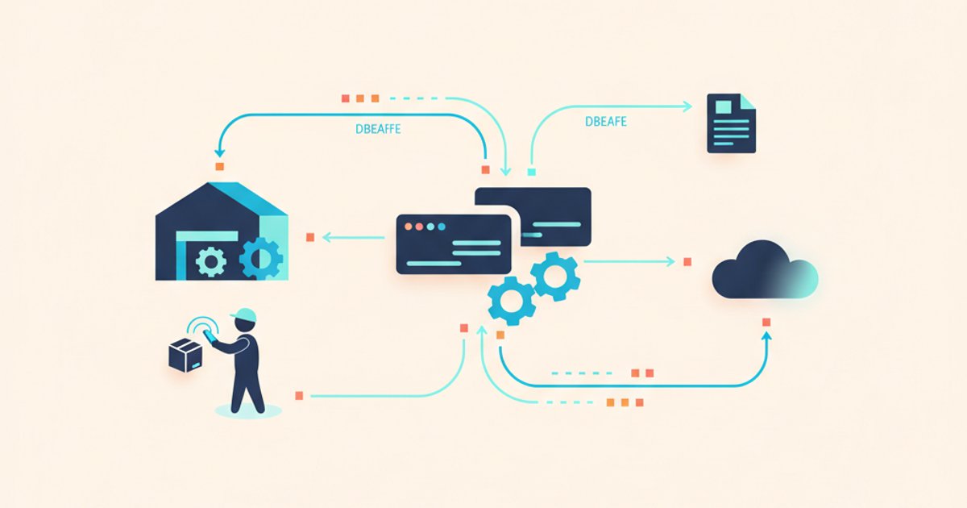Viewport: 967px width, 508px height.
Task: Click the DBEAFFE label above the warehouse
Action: (x=378, y=129)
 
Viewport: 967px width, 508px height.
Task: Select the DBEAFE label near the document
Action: (x=606, y=122)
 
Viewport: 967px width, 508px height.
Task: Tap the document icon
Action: (x=732, y=123)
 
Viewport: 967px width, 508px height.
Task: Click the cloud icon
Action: (x=765, y=270)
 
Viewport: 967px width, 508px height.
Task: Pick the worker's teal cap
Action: (x=244, y=315)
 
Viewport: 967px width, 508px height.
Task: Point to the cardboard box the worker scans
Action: (x=185, y=355)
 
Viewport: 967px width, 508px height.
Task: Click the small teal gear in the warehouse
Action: (x=210, y=261)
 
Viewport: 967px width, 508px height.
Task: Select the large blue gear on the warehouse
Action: (x=261, y=258)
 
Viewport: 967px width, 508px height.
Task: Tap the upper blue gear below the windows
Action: (x=555, y=277)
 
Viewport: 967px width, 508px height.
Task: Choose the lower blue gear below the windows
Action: (x=512, y=301)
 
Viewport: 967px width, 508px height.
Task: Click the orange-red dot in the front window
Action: (x=408, y=227)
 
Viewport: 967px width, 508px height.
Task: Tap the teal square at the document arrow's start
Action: (x=532, y=172)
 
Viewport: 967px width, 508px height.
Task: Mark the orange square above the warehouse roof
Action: (x=220, y=166)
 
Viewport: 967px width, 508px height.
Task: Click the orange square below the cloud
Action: (x=766, y=323)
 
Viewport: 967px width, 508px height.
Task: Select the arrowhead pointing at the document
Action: (x=687, y=106)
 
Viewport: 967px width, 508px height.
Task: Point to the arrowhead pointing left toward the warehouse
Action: (x=327, y=237)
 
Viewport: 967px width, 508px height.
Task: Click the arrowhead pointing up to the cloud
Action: (x=766, y=337)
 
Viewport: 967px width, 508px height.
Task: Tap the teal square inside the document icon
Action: (x=724, y=106)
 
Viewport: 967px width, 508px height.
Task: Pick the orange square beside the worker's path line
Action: (x=299, y=396)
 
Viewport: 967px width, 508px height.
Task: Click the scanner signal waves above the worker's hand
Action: (x=202, y=324)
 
